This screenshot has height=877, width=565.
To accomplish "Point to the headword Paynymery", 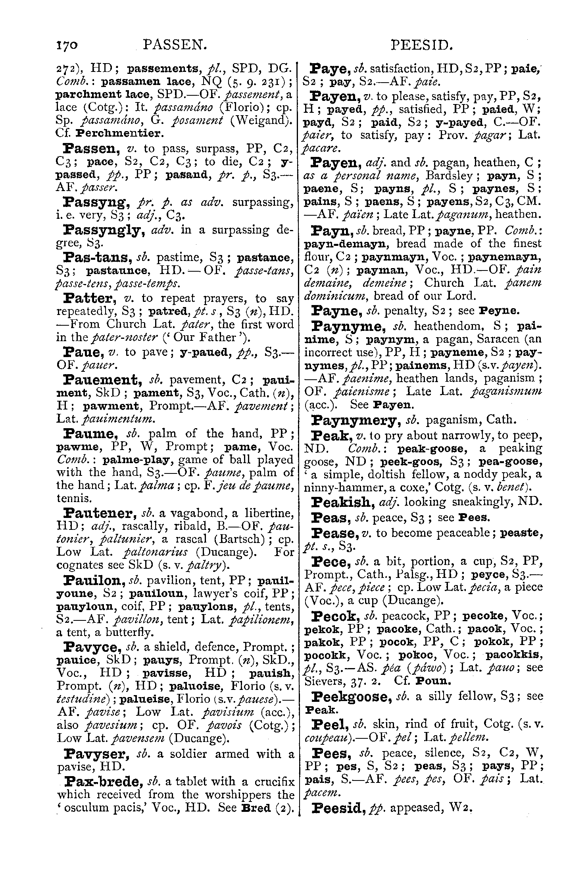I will [355, 420].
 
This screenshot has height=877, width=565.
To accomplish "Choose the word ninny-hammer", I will [336, 487].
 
